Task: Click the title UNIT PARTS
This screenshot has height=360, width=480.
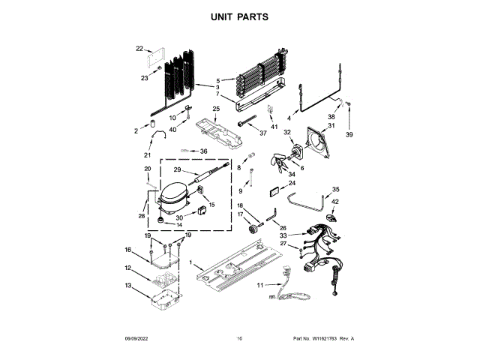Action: point(239,16)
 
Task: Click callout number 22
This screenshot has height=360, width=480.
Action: point(139,49)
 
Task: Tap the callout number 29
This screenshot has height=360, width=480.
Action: point(178,169)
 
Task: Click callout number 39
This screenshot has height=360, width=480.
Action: point(348,135)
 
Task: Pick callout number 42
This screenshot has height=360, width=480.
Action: point(335,202)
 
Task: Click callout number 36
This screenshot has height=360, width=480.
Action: point(202,151)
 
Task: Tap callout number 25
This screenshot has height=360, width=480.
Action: point(216,109)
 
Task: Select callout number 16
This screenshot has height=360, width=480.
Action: point(127,250)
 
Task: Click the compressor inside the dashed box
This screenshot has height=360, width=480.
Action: point(174,196)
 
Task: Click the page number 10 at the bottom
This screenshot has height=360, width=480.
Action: point(239,339)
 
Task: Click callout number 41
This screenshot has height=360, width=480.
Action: point(274,127)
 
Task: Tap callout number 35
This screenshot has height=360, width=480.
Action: point(335,189)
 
